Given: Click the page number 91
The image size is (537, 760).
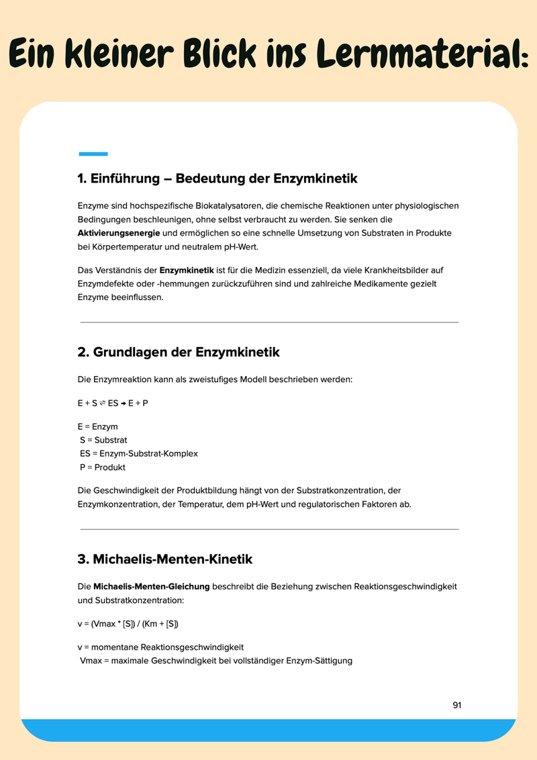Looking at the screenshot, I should (457, 705).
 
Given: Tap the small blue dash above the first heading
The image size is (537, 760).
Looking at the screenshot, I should (93, 154).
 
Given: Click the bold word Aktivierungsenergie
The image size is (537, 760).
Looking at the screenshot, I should (118, 233).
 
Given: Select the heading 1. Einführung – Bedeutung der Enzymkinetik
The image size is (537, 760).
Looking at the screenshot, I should (217, 179).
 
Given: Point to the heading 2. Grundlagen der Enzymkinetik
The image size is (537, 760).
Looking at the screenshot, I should (179, 352).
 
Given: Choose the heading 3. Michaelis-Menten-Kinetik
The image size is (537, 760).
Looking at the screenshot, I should (165, 559).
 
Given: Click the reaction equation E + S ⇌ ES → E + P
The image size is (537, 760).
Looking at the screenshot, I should (113, 403).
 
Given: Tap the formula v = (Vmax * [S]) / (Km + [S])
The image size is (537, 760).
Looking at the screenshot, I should (128, 624).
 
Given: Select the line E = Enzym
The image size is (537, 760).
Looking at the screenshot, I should (98, 427).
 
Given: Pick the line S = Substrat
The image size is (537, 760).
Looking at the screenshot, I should (103, 440).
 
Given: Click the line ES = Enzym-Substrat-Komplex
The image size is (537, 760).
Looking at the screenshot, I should (139, 454).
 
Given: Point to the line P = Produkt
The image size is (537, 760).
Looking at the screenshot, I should (103, 467).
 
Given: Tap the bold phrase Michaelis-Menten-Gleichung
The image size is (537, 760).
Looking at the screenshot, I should (152, 586).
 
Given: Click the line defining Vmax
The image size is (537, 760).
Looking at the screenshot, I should (216, 661).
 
